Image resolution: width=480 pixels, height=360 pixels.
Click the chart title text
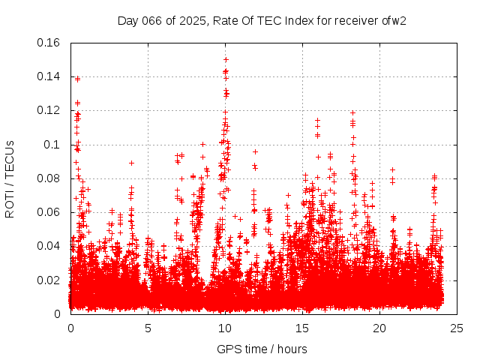tap(262, 20)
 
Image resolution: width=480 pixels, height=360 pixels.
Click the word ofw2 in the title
tap(393, 20)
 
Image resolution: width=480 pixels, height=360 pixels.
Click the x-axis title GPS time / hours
tap(262, 349)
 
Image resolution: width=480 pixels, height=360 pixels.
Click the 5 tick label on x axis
tap(148, 328)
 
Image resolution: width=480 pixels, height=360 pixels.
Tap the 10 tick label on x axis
tap(225, 328)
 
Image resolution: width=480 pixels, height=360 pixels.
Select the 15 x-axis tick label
tap(302, 328)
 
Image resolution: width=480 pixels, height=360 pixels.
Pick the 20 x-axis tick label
tap(379, 328)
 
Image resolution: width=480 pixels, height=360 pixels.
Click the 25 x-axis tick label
tap(457, 328)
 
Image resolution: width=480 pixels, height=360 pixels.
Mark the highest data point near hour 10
tap(226, 58)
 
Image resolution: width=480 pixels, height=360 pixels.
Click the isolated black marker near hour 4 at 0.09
tap(131, 163)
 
